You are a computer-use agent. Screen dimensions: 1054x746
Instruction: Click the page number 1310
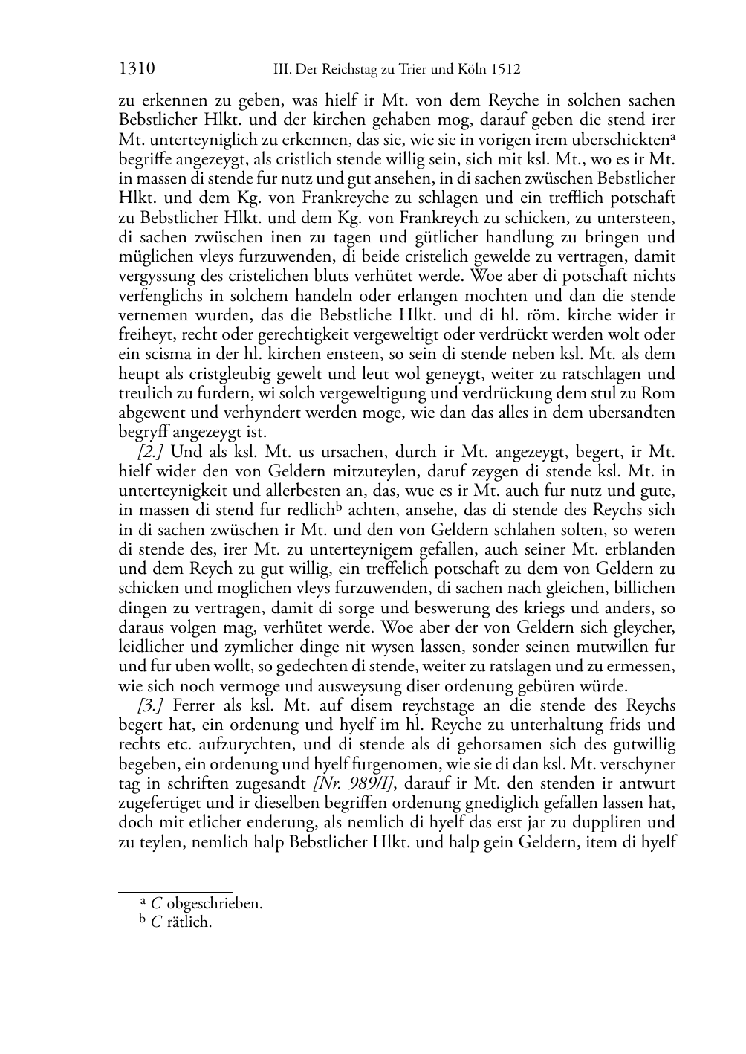click(136, 70)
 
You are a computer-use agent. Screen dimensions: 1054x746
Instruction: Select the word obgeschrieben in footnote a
click(215, 905)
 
